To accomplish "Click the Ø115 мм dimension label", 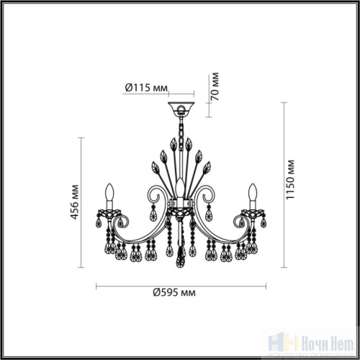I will [145, 87].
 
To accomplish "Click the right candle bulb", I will [253, 192].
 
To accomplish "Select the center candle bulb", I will [180, 188].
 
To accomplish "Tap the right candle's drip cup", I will [253, 212].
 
